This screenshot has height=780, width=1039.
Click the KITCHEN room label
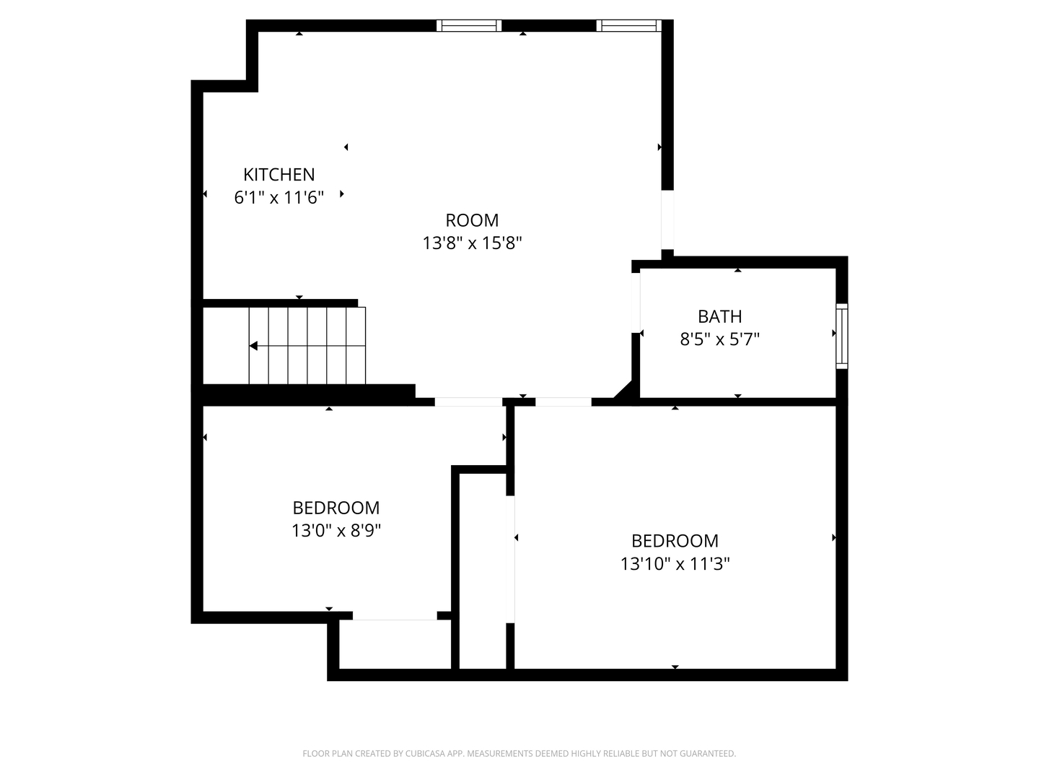[x=279, y=175]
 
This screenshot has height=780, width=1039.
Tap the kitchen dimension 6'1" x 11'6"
[x=279, y=197]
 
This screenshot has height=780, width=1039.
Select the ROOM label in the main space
[x=472, y=220]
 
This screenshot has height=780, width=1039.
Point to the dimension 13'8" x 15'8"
[x=472, y=243]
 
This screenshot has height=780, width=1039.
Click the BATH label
[x=719, y=316]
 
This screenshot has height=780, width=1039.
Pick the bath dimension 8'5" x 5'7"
[x=719, y=339]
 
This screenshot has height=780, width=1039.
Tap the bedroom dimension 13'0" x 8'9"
[x=336, y=531]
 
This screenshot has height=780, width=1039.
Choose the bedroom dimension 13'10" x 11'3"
[x=675, y=564]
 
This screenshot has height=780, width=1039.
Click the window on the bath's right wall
[x=841, y=337]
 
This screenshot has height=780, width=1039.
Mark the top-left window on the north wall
[x=468, y=25]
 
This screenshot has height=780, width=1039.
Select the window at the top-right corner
[x=628, y=25]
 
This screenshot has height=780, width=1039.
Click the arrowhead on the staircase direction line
[x=253, y=346]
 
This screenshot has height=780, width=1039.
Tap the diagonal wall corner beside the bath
[x=624, y=391]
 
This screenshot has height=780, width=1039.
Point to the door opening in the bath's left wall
[x=636, y=303]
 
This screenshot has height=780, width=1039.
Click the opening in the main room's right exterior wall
[x=667, y=220]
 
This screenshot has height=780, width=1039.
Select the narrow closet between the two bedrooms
[x=483, y=571]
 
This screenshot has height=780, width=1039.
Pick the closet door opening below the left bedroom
[x=395, y=615]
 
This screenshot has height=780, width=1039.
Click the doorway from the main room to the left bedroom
[x=468, y=402]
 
